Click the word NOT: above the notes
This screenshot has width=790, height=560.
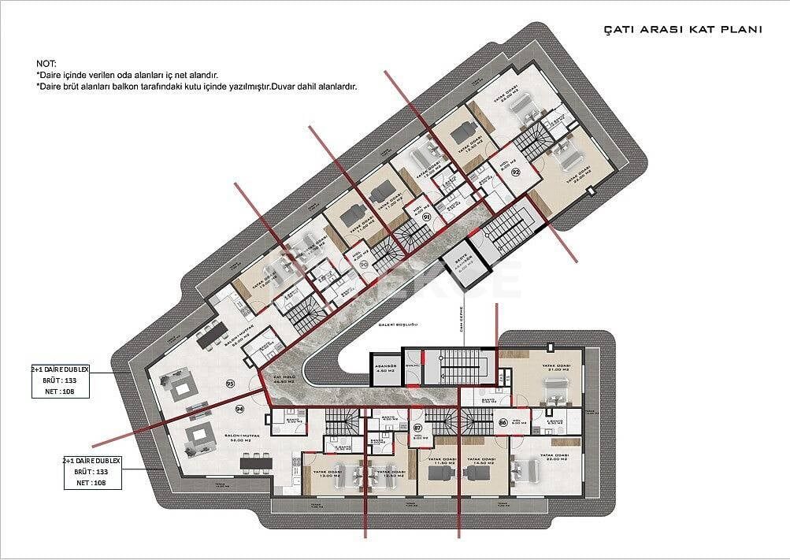pos(46,63)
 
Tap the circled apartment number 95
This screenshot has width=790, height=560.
pos(230,384)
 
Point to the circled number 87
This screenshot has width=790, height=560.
pos(418,428)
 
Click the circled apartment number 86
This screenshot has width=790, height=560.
pos(503,424)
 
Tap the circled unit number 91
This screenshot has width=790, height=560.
pos(426,217)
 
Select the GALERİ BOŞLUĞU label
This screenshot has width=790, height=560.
pos(385,324)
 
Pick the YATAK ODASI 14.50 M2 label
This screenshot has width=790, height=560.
pos(478,464)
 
